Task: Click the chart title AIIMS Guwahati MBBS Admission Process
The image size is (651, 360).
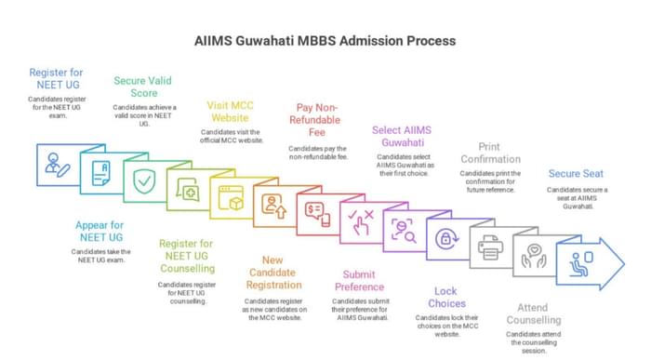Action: [x=325, y=41]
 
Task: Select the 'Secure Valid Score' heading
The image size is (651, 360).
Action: [x=143, y=87]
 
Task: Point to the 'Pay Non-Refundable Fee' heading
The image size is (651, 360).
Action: [x=316, y=120]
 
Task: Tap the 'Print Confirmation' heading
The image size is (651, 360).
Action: [x=488, y=153]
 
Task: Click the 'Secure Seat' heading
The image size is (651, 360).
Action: [x=576, y=174]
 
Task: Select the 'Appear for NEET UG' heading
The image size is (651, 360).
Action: [x=100, y=231]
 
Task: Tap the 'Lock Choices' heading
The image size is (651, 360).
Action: [x=446, y=297]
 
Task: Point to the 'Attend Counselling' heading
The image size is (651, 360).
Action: [x=533, y=313]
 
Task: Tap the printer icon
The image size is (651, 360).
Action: [x=489, y=247]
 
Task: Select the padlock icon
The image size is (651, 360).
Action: [x=446, y=239]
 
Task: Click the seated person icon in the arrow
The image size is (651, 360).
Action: [x=582, y=263]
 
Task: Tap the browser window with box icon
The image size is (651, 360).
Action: [x=230, y=197]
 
